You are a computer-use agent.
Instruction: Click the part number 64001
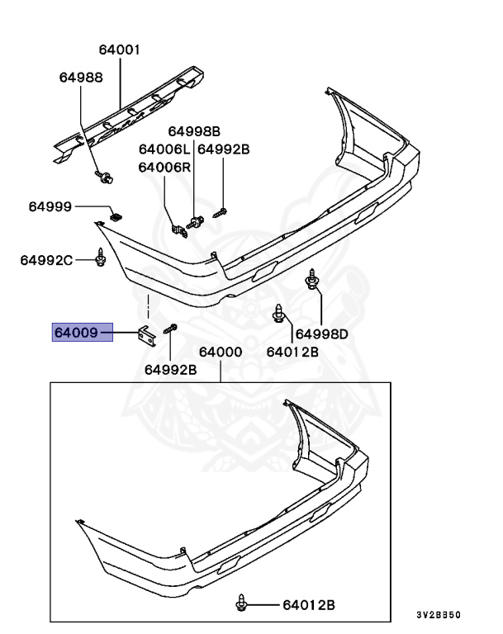[x=120, y=50]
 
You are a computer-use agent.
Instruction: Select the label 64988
[x=80, y=78]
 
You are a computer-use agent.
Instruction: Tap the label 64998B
[x=194, y=131]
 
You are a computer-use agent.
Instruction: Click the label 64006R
[x=164, y=167]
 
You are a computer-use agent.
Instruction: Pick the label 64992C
[x=47, y=261]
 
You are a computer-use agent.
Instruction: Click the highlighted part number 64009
[x=76, y=334]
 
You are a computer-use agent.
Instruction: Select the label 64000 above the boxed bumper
[x=220, y=352]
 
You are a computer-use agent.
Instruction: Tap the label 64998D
[x=322, y=334]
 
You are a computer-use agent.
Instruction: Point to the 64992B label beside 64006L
[x=223, y=149]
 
